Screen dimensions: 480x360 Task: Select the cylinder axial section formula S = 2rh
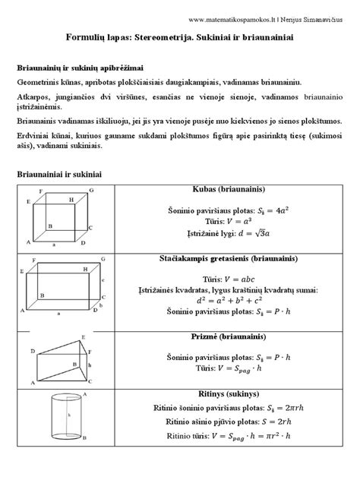click(x=245, y=422)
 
